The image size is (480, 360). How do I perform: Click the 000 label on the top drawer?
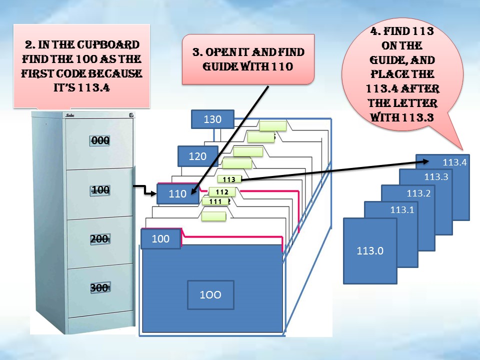tap(100, 140)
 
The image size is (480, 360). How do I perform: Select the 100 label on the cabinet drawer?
tap(100, 190)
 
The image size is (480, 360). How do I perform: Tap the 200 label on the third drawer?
tap(100, 239)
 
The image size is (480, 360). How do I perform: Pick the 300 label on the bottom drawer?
tap(100, 287)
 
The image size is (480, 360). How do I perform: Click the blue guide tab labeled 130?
tap(212, 120)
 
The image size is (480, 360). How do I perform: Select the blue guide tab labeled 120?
tap(197, 156)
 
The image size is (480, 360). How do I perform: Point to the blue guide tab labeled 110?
tap(177, 194)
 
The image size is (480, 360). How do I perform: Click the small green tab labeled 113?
tap(229, 179)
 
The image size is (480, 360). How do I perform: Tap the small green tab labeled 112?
tap(221, 192)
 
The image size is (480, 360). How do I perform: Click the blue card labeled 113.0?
tap(370, 251)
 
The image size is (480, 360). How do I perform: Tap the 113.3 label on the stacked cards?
tap(436, 176)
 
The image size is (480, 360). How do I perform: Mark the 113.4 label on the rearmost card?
tap(454, 162)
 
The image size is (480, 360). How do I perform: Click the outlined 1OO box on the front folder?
tap(210, 294)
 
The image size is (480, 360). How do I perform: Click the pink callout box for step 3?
tap(248, 58)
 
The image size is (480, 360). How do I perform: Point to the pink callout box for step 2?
tap(81, 65)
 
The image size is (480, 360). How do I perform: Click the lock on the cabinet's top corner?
tap(130, 115)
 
